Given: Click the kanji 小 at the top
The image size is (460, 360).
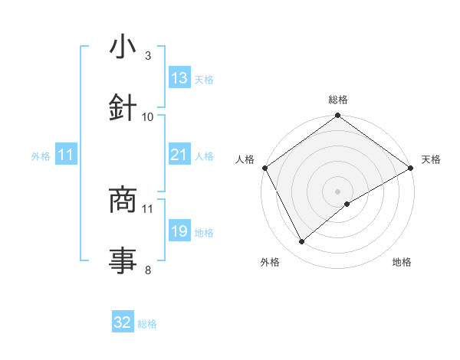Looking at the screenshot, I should (123, 47).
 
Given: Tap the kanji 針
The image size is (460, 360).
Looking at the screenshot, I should (123, 107).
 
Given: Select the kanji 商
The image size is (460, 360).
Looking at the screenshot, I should (123, 199).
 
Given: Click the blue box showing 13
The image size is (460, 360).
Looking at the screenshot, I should (179, 78).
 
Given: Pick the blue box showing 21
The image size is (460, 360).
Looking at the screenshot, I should (179, 155).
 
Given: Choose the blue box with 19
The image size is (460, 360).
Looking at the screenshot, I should (179, 232).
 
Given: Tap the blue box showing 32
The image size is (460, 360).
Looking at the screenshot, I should (123, 323).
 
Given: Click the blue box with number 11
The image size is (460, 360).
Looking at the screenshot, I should (66, 155).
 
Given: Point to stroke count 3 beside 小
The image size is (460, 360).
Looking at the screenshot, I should (147, 56).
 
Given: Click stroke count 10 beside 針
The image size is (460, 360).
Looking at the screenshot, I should (148, 116).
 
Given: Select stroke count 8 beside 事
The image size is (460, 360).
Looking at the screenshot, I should (147, 269).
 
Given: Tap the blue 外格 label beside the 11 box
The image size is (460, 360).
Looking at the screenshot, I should (41, 156).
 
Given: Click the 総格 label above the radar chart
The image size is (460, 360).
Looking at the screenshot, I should (338, 100).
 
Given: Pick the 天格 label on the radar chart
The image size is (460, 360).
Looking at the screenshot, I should (432, 159).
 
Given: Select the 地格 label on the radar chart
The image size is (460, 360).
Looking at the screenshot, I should (402, 263).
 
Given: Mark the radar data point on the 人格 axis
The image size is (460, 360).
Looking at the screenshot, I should (264, 168).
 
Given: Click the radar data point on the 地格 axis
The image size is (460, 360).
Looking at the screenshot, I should (348, 204).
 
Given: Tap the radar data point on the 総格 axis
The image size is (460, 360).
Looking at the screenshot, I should (337, 116).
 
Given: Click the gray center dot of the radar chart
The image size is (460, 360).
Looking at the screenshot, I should (337, 191).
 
